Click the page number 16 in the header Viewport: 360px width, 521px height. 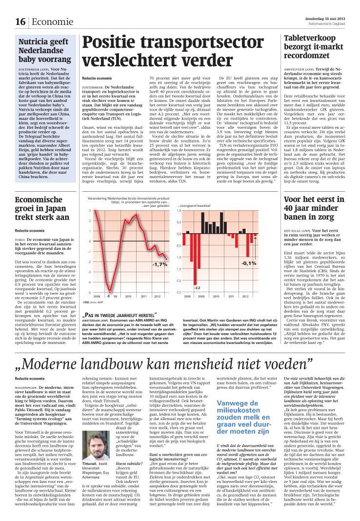pyautogui.click(x=20, y=22)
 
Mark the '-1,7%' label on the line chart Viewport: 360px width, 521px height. pyautogui.click(x=159, y=264)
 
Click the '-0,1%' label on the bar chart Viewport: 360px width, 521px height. pyautogui.click(x=248, y=263)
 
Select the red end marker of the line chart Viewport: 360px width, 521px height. pyautogui.click(x=166, y=259)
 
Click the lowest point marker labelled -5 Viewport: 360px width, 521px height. pyautogui.click(x=110, y=291)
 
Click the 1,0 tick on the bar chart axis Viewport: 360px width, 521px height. pyautogui.click(x=178, y=210)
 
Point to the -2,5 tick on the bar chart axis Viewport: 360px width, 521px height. pyautogui.click(x=178, y=292)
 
